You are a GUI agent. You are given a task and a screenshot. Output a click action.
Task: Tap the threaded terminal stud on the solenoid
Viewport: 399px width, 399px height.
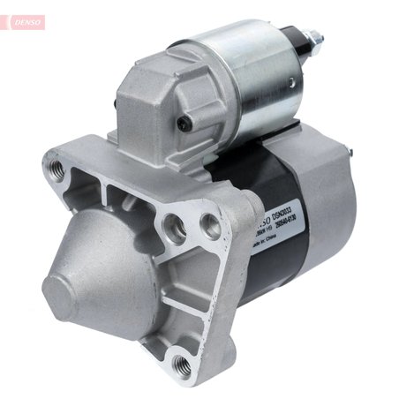(316, 40)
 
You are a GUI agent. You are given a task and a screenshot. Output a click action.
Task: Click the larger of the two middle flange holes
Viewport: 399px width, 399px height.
(176, 231)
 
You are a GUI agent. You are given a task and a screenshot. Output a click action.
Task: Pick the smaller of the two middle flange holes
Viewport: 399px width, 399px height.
(209, 222)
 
